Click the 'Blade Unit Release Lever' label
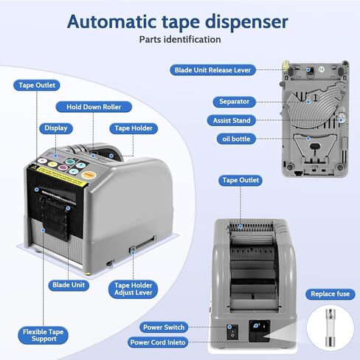tap(212, 70)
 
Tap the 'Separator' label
tap(234, 102)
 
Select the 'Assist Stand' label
tap(232, 120)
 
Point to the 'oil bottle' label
tap(236, 139)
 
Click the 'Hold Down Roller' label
tap(94, 107)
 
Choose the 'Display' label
tap(56, 128)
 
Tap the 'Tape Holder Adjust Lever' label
tap(133, 289)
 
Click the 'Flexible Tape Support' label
tap(43, 335)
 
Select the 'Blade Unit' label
tap(69, 285)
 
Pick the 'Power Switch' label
tap(164, 328)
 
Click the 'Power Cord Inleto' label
tap(158, 342)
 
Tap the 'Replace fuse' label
tap(330, 294)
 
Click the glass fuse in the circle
tap(330, 328)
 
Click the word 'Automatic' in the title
tap(112, 21)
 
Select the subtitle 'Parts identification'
tap(180, 40)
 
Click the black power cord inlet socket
tap(259, 330)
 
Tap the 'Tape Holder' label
tap(134, 128)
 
